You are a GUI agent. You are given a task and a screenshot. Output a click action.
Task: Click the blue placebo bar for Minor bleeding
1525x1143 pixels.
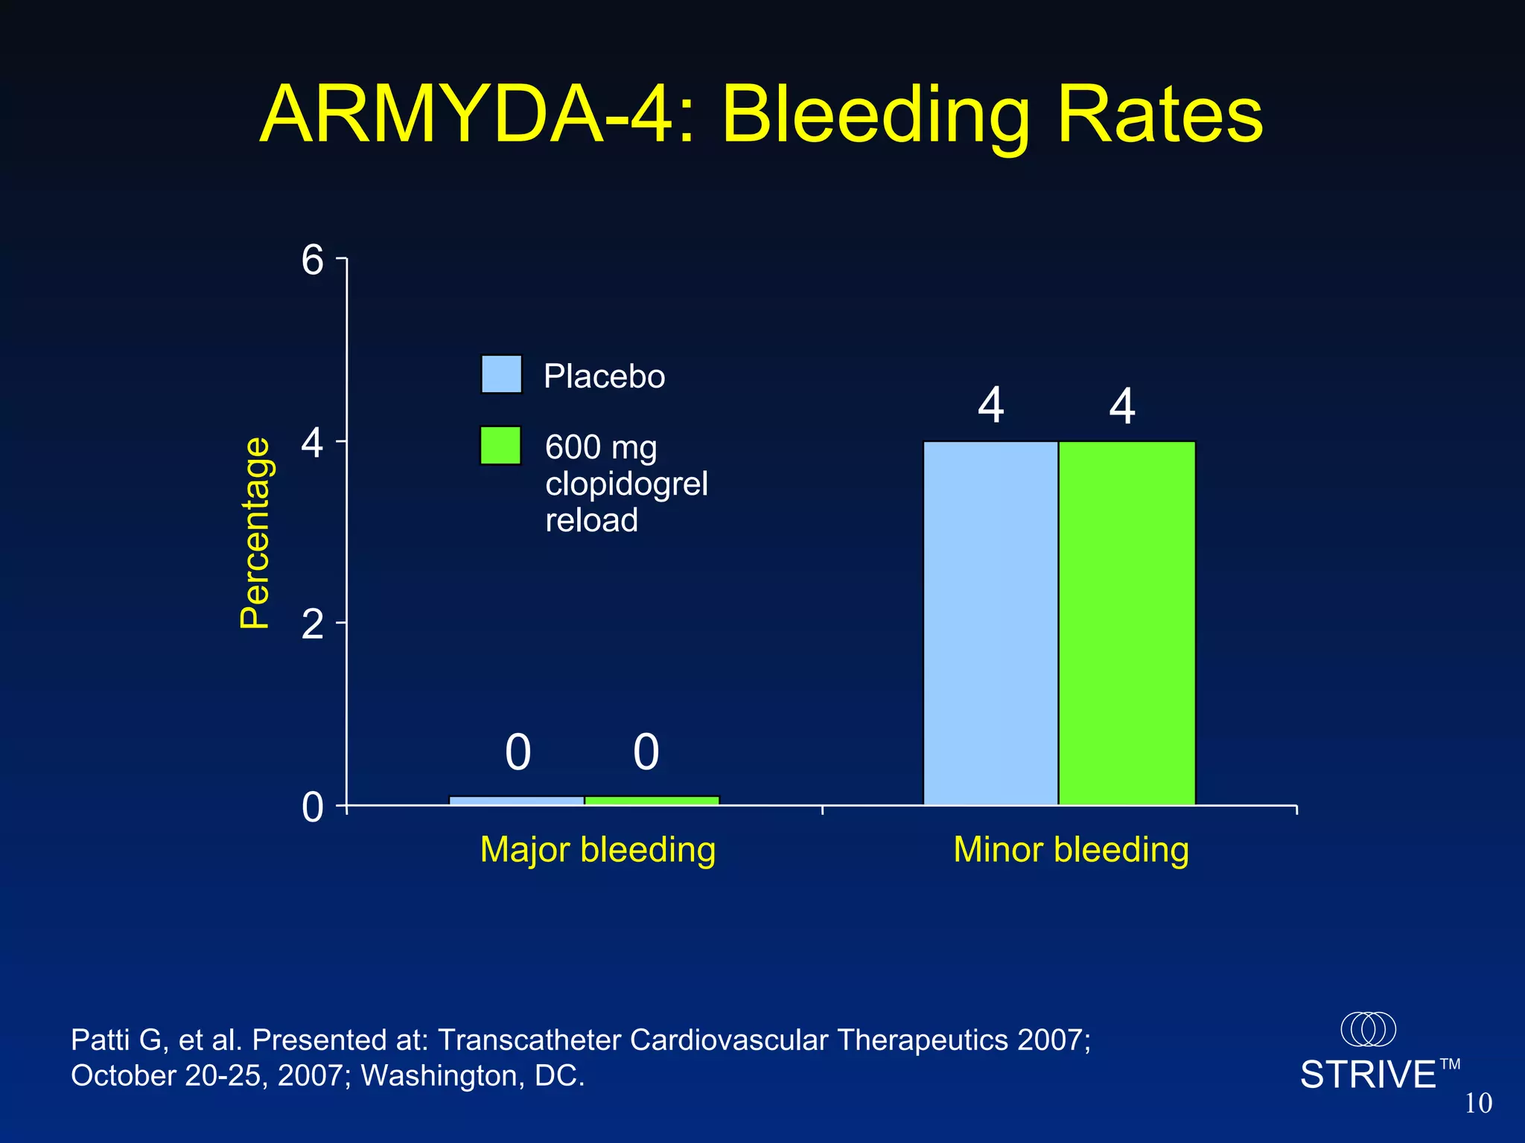coord(990,624)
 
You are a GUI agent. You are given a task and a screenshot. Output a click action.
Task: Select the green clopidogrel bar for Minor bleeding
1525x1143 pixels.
coord(1127,624)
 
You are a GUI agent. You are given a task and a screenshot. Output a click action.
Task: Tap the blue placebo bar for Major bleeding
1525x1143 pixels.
coord(517,801)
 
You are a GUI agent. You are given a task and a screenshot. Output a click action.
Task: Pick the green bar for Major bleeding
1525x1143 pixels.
coord(652,801)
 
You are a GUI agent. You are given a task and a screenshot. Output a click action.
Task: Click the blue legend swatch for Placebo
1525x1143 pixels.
coord(501,374)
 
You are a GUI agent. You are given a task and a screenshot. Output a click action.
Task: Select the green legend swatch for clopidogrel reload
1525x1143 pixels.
coord(500,446)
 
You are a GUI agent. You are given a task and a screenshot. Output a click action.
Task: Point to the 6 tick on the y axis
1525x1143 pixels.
coord(313,260)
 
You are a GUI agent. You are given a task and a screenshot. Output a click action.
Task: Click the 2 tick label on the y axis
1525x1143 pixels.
coord(313,624)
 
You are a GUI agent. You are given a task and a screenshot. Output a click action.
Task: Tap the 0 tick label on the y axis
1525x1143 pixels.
coord(313,807)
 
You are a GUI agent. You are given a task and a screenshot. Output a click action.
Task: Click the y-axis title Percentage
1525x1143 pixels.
coord(255,533)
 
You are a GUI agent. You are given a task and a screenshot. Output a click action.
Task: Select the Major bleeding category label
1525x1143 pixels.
coord(598,850)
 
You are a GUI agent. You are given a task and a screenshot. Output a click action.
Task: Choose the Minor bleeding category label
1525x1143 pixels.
coord(1071,850)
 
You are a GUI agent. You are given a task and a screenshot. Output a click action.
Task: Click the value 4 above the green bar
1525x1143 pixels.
coord(1122,406)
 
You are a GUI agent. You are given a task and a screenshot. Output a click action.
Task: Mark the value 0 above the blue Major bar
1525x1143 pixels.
coord(518,752)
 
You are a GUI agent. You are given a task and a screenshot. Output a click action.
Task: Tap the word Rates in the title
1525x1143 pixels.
coord(1159,116)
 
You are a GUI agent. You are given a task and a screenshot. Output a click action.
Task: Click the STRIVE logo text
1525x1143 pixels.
coord(1368,1075)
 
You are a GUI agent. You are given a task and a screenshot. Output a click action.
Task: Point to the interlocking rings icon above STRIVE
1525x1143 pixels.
coord(1368,1029)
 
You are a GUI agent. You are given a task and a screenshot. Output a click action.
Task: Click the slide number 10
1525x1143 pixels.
coord(1478,1104)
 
